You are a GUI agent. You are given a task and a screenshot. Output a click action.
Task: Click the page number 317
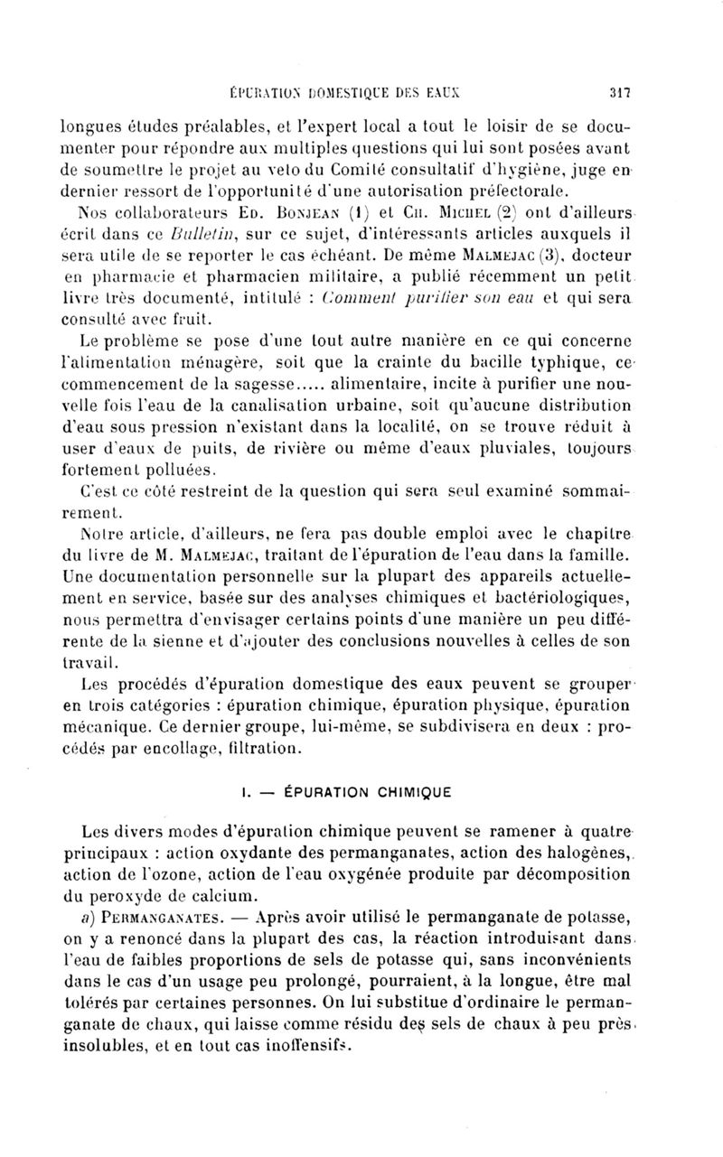pos(619,91)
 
